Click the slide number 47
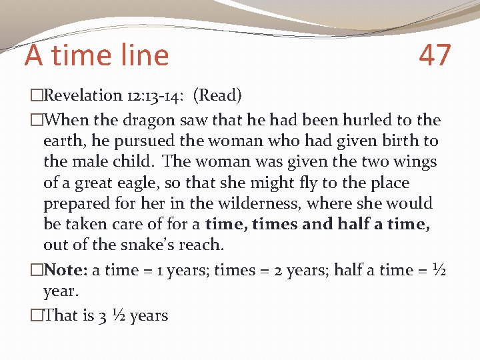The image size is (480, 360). point(435,55)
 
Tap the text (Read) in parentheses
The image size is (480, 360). point(217,95)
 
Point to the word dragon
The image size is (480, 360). point(139,121)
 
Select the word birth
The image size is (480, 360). point(399,141)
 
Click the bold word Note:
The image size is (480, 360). point(65,270)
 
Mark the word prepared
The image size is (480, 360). point(75,203)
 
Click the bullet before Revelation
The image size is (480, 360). point(36,96)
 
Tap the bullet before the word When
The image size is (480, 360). point(36,121)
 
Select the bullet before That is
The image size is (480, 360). point(36,315)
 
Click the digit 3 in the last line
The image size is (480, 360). point(103,315)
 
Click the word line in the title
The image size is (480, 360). point(145,55)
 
